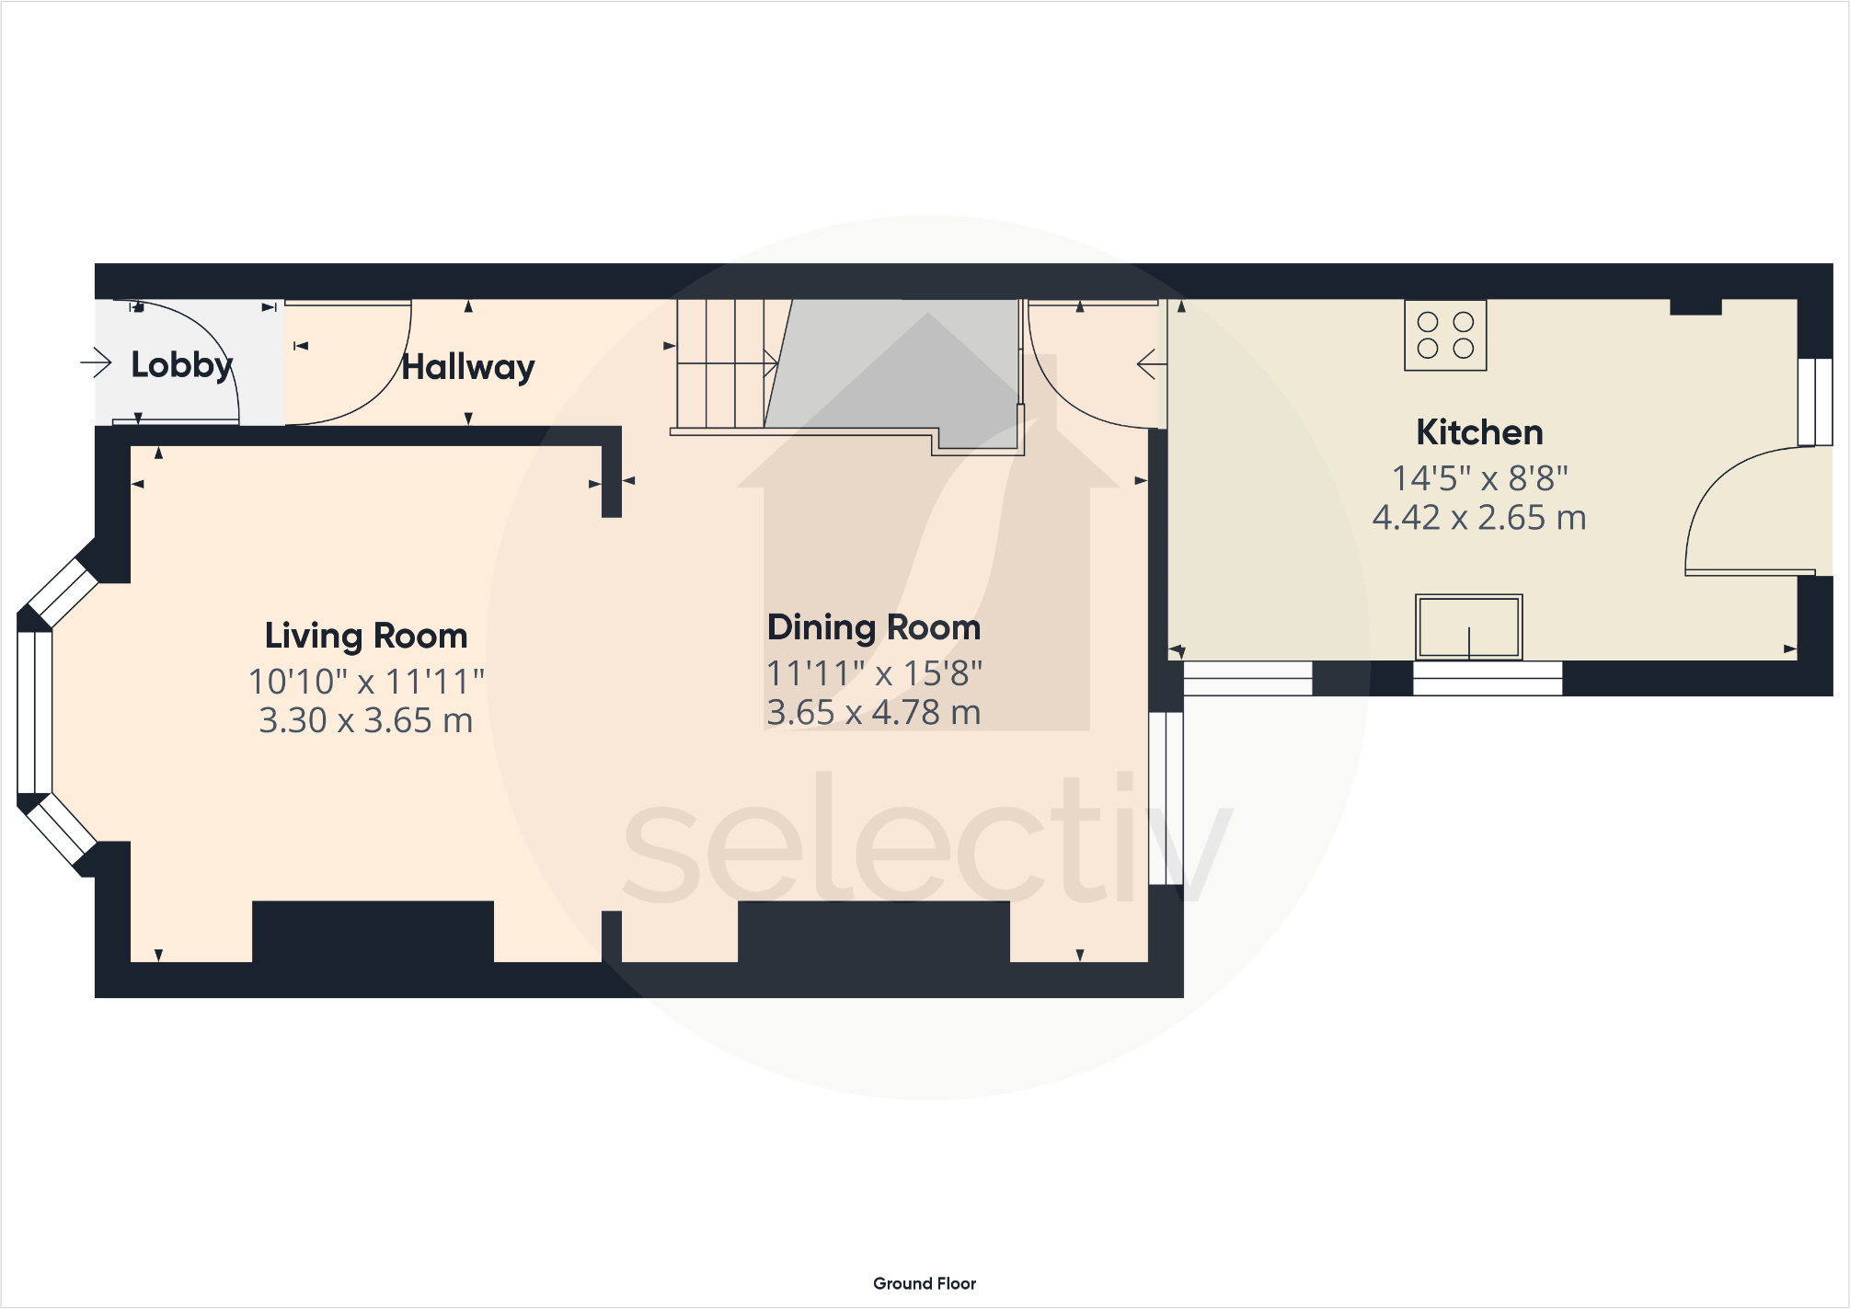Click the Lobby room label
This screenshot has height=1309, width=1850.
(x=181, y=365)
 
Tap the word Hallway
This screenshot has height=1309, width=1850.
(x=467, y=367)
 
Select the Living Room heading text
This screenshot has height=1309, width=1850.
(x=366, y=636)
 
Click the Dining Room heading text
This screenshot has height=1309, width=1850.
(x=874, y=627)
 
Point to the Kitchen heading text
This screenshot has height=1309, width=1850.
(x=1479, y=432)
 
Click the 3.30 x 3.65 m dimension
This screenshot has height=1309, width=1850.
(x=366, y=720)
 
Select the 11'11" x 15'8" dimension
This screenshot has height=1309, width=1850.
(x=874, y=673)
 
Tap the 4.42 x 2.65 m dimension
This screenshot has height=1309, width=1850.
(x=1479, y=518)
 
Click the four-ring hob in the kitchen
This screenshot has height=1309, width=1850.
(x=1445, y=336)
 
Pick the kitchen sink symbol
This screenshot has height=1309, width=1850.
(x=1468, y=627)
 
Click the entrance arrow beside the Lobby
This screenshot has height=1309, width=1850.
(x=96, y=362)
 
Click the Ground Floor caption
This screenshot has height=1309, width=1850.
(x=925, y=1283)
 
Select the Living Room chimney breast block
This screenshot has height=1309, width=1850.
(x=373, y=931)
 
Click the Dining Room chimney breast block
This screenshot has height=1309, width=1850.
(x=874, y=931)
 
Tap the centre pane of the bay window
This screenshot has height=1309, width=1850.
(x=34, y=712)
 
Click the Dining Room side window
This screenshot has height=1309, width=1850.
(x=1166, y=798)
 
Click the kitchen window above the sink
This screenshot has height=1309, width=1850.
(x=1487, y=679)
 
